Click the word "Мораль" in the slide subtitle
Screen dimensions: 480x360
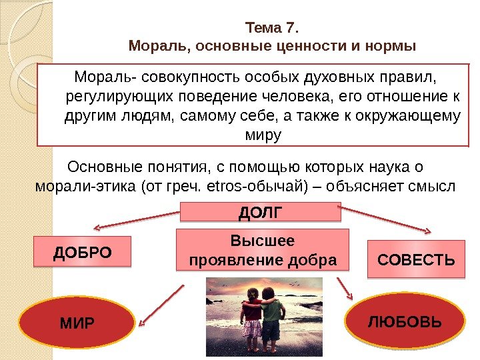coord(150,47)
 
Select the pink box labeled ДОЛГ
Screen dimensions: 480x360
coord(261,213)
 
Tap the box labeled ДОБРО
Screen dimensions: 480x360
coord(82,252)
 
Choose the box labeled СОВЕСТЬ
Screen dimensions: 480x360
coord(416,259)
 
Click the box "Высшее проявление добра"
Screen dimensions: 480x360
coord(263,249)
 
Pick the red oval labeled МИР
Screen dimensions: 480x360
coord(77,323)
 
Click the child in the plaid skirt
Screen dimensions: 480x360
coord(252,314)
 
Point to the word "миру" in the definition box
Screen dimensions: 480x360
coord(264,135)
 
